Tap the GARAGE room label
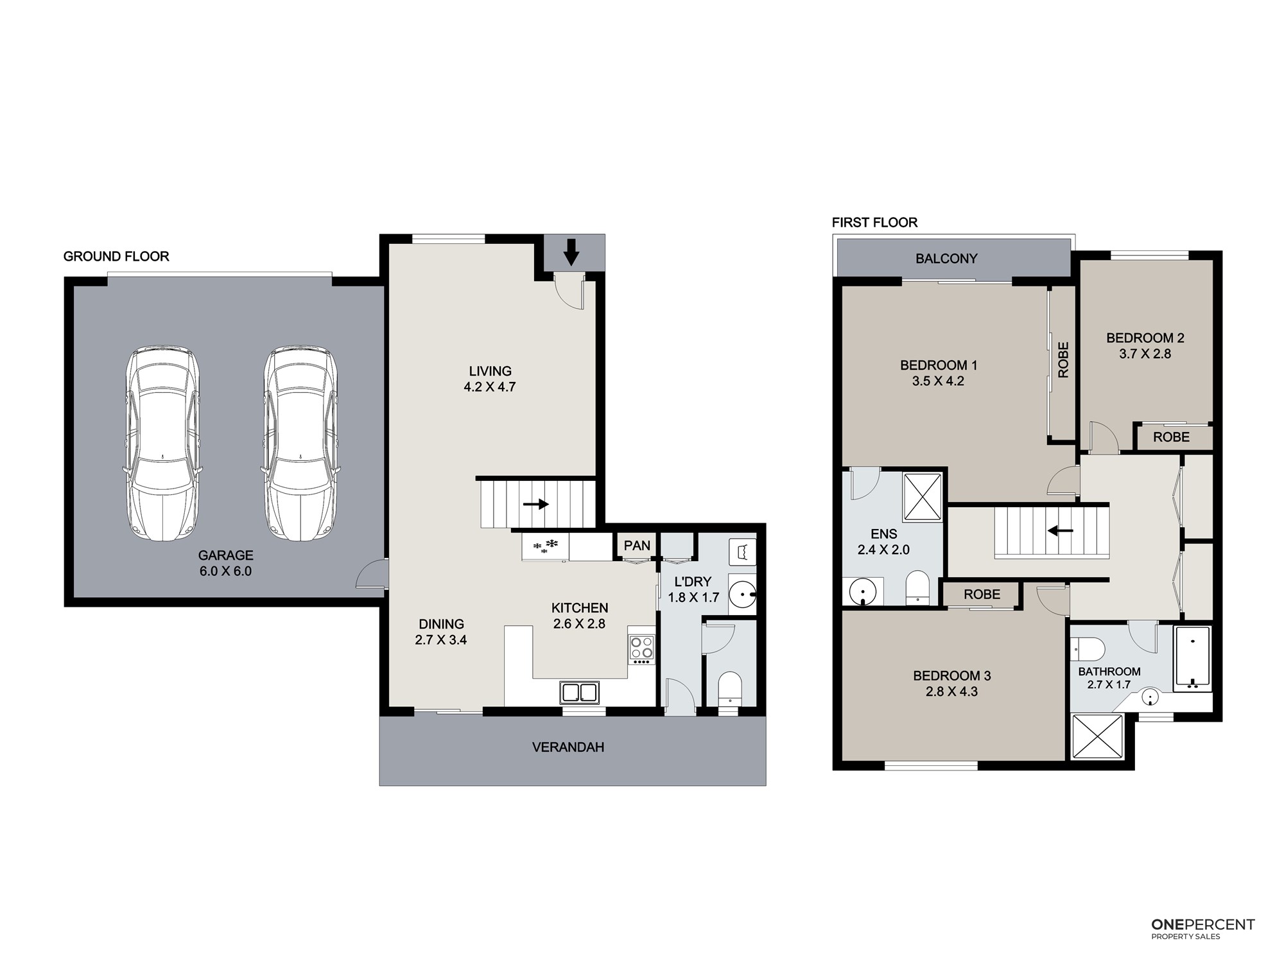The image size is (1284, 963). (225, 555)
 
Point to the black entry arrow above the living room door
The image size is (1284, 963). (571, 252)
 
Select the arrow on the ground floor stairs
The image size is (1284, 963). (535, 504)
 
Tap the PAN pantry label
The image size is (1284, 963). (637, 546)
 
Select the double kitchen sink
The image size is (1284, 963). (579, 693)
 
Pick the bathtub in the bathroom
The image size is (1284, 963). (1192, 659)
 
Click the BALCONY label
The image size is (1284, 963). (946, 259)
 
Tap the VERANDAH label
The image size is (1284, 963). (568, 747)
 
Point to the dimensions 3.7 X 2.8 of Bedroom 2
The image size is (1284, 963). (1145, 354)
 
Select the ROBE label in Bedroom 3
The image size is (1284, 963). (982, 594)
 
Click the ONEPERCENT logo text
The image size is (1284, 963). (1203, 942)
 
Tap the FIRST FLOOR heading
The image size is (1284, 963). (874, 223)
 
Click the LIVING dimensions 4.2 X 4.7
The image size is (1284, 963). (490, 387)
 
